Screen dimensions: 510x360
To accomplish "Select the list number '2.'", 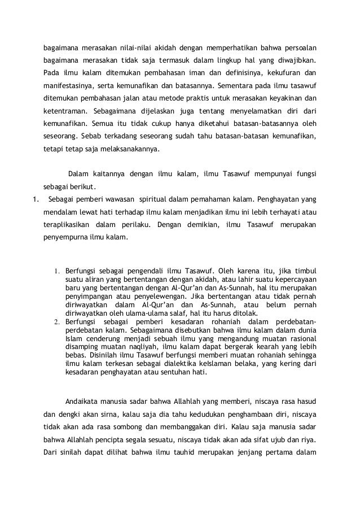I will (x=57, y=321).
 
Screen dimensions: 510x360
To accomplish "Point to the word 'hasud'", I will (x=308, y=402).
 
